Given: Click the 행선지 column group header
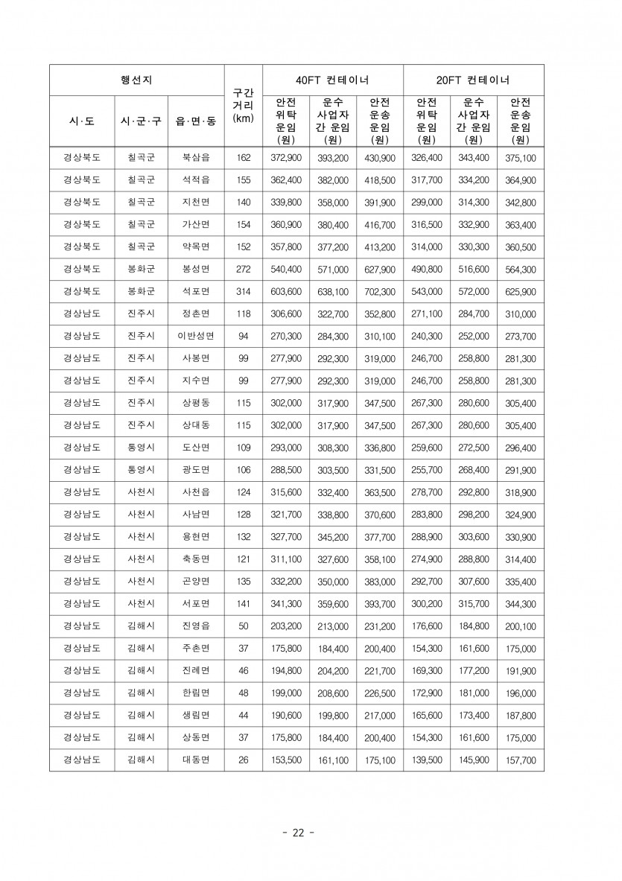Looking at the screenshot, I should click(136, 80).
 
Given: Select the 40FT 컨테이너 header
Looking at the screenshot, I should click(332, 80).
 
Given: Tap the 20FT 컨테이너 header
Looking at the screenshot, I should click(473, 80).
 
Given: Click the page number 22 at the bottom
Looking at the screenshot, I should click(298, 833).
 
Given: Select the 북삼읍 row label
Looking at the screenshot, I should click(196, 158).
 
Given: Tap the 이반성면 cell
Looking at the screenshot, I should click(196, 336).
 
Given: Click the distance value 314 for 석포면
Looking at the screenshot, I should click(243, 291).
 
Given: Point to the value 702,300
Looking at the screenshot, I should click(379, 291).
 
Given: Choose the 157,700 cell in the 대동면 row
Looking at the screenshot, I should click(520, 760).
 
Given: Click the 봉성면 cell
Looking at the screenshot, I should click(196, 269).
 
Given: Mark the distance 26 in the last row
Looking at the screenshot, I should click(243, 760).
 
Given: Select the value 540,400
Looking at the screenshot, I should click(286, 269).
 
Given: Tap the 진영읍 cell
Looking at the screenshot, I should click(196, 626).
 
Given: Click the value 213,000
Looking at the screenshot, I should click(332, 626).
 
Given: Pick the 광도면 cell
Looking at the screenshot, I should click(196, 470).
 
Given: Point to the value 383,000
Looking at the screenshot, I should click(379, 582).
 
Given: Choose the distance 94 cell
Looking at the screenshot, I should click(243, 336).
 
